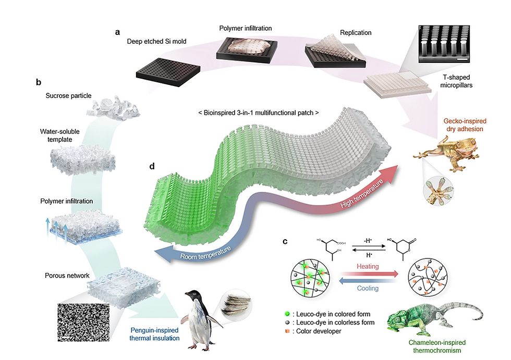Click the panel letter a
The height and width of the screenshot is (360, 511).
tap(118, 32)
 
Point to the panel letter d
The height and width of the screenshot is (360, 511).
tap(152, 167)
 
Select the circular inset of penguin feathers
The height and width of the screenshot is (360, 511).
tap(236, 304)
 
